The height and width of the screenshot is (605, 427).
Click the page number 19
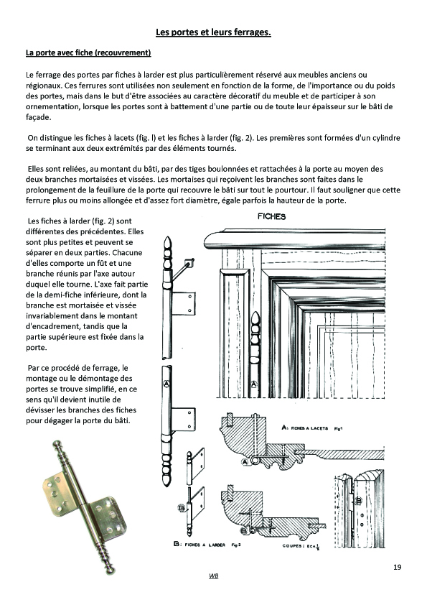click(398, 567)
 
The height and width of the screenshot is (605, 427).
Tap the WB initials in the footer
click(214, 576)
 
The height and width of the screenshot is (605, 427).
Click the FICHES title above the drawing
click(272, 216)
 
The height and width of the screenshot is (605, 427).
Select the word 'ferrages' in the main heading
click(252, 32)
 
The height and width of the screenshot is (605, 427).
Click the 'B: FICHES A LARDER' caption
click(207, 545)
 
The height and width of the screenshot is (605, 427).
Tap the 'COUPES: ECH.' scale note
click(302, 546)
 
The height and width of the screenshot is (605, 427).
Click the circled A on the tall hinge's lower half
click(166, 384)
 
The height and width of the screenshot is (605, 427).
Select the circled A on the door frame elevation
click(253, 384)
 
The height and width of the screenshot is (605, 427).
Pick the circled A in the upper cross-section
click(244, 462)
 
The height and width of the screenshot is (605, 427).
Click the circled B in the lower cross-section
click(244, 531)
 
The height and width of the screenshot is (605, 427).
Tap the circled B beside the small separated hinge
click(181, 508)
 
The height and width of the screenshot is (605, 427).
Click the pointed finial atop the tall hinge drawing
click(167, 243)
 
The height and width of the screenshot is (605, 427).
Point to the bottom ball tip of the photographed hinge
click(111, 570)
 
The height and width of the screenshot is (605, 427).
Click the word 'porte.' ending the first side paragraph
click(36, 348)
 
